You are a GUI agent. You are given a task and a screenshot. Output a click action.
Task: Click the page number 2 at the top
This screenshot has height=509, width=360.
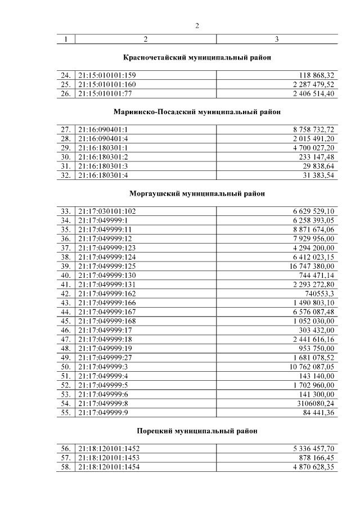tap(197, 25)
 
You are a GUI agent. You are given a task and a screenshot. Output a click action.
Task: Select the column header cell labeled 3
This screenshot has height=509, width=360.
tap(276, 39)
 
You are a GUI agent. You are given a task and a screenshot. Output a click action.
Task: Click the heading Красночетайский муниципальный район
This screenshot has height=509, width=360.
tap(197, 57)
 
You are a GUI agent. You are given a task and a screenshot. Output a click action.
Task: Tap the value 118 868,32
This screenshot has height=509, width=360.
tap(313, 75)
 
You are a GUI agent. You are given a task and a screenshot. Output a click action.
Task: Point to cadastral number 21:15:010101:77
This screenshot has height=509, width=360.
tap(106, 93)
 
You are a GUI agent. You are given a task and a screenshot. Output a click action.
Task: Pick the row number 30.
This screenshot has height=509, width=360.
tap(66, 156)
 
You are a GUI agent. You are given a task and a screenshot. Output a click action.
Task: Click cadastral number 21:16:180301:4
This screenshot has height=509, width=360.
tap(103, 174)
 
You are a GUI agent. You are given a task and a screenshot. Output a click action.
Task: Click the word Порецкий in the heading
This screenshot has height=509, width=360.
tap(153, 431)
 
